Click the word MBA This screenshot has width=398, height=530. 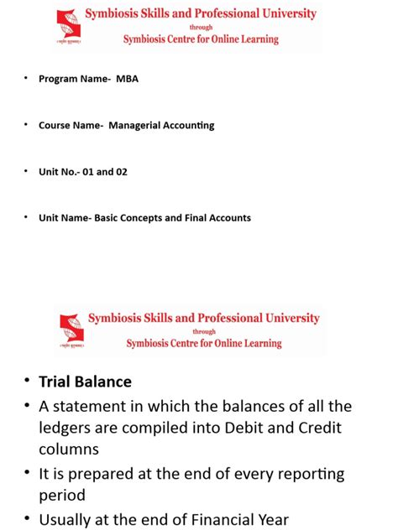[128, 79]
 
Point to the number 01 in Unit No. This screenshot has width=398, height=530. [90, 172]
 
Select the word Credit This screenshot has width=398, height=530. [310, 427]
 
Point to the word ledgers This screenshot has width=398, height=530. [70, 427]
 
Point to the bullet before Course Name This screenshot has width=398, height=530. [25, 125]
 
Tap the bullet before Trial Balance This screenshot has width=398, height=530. [25, 382]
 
